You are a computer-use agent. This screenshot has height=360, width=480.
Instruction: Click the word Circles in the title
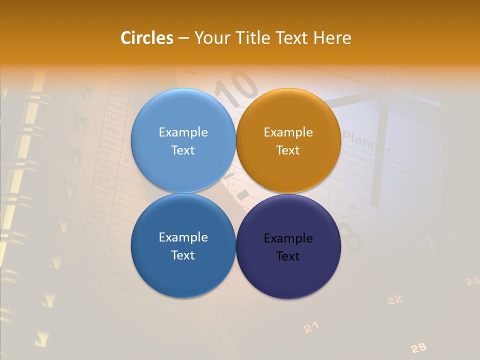[x=147, y=38]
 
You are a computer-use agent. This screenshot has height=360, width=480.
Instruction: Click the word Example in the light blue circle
[x=183, y=132]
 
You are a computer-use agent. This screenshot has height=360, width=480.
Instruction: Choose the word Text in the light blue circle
[x=183, y=150]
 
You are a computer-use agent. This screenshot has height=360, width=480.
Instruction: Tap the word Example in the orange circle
[x=288, y=132]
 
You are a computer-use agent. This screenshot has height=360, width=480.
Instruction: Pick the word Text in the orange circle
[x=288, y=150]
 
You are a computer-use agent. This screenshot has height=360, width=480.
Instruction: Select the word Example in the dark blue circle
[x=183, y=237]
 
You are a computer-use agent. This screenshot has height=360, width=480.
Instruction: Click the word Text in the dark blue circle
[x=183, y=255]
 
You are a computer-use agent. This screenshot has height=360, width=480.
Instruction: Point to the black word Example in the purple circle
[x=288, y=238]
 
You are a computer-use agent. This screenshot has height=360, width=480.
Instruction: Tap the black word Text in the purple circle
[x=288, y=256]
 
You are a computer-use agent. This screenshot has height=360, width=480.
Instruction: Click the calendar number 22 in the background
[x=394, y=299]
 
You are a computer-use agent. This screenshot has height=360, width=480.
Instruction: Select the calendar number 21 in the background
[x=311, y=327]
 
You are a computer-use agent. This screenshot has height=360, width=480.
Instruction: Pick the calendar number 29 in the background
[x=418, y=348]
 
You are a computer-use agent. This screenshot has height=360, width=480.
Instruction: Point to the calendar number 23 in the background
[x=472, y=281]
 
